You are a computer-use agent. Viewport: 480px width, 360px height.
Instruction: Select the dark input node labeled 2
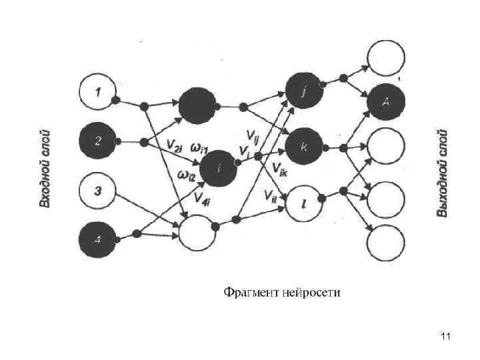(97, 141)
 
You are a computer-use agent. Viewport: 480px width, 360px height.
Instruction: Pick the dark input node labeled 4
(97, 239)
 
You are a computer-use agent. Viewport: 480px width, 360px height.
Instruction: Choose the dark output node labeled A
(386, 102)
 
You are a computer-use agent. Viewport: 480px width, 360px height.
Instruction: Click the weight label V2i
(175, 147)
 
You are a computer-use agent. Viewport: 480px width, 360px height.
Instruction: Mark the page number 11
(446, 337)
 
